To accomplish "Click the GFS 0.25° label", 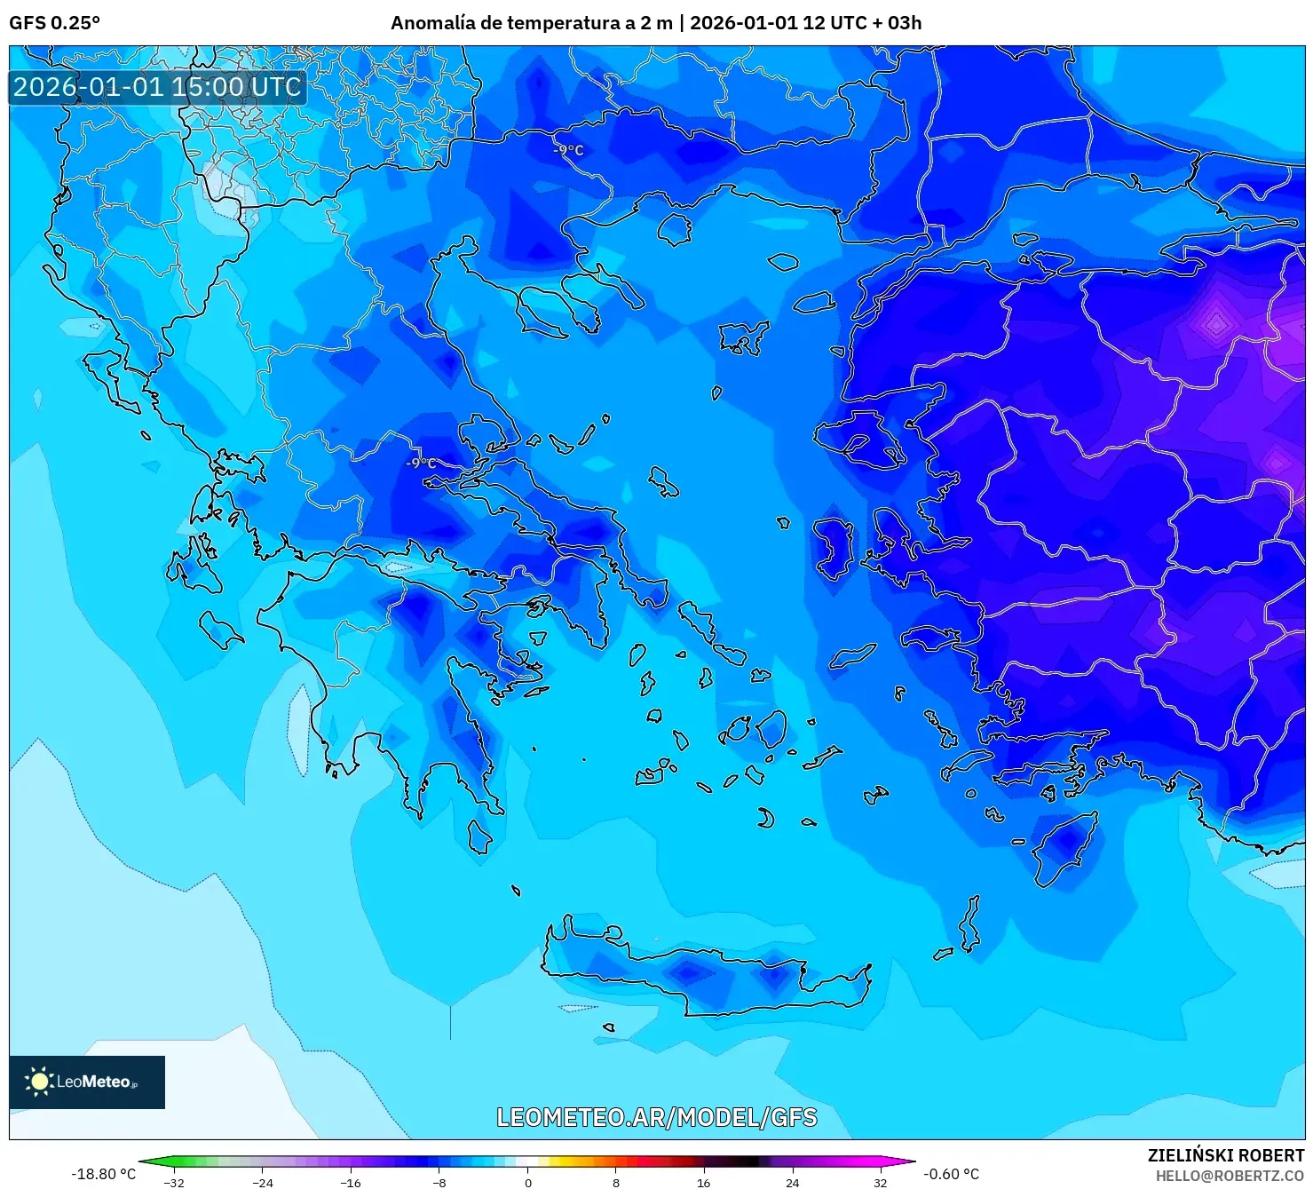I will click(x=54, y=22).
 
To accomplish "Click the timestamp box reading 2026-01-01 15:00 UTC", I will click(x=157, y=87).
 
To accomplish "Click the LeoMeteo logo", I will click(x=86, y=1082).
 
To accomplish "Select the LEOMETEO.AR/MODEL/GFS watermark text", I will click(x=656, y=1117).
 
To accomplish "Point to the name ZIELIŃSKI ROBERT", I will click(x=1225, y=1155).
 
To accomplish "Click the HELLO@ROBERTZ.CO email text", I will click(x=1229, y=1175).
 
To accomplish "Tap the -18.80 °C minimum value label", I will click(x=103, y=1174).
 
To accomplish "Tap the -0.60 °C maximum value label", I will click(x=951, y=1174).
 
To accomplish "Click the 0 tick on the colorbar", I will click(x=527, y=1182).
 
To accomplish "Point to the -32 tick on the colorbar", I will click(x=174, y=1182).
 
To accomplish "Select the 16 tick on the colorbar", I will click(x=703, y=1182).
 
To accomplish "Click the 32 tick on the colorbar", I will click(x=880, y=1182).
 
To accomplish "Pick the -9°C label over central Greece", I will click(x=421, y=463).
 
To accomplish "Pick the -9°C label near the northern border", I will click(x=568, y=150).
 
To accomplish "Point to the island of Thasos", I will click(x=675, y=229).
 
